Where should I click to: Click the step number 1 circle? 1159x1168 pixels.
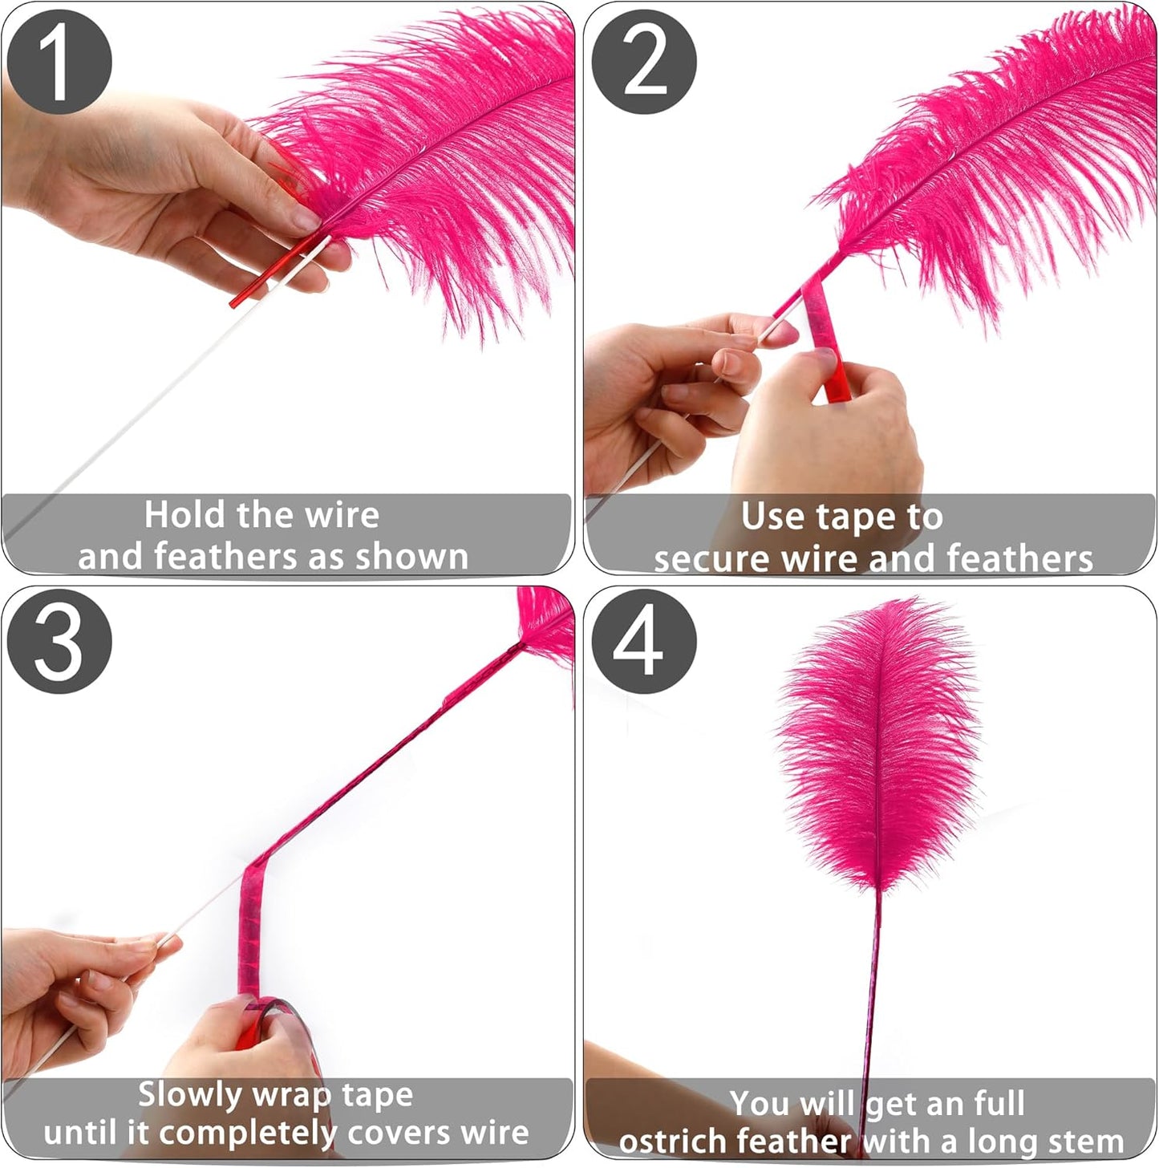coord(59,62)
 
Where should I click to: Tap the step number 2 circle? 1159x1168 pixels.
coord(643,62)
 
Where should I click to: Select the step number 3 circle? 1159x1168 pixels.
coord(59,641)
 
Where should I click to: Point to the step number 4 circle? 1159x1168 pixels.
coord(643,641)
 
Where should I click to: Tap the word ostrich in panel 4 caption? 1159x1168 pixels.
coord(672,1141)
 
